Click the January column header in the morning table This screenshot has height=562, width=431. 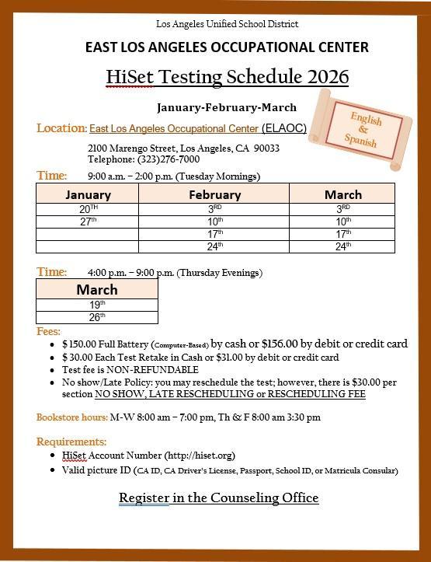pyautogui.click(x=88, y=194)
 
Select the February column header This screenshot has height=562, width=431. pyautogui.click(x=214, y=194)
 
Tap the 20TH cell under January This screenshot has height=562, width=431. pyautogui.click(x=88, y=209)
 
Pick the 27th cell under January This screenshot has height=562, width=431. pyautogui.click(x=88, y=222)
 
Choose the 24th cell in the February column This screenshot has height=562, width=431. pyautogui.click(x=214, y=246)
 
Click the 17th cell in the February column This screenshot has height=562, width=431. pyautogui.click(x=214, y=234)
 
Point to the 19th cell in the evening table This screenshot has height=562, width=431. pyautogui.click(x=97, y=305)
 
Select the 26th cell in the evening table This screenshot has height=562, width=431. pyautogui.click(x=97, y=317)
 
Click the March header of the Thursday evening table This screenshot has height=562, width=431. pyautogui.click(x=97, y=290)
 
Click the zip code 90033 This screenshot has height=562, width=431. pyautogui.click(x=266, y=148)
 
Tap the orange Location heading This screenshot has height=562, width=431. pyautogui.click(x=61, y=127)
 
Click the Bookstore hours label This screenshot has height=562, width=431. pyautogui.click(x=71, y=417)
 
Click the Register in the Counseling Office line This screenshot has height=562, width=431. pyautogui.click(x=218, y=497)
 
